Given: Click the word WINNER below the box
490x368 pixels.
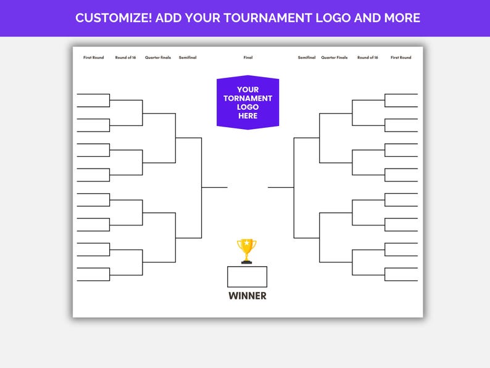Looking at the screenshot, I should (x=247, y=296).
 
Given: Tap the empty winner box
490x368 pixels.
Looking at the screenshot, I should (x=247, y=277).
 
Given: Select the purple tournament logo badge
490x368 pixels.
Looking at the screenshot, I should (x=247, y=102).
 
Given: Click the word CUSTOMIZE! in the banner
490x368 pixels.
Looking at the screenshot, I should (x=113, y=18).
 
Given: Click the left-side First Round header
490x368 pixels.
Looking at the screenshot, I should (x=94, y=58).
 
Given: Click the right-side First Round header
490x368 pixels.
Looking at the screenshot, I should (x=401, y=58).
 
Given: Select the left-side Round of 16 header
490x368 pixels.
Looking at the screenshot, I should (x=125, y=58).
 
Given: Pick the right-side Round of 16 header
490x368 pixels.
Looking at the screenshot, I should (x=367, y=58).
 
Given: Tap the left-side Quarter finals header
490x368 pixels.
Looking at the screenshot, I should (x=158, y=58).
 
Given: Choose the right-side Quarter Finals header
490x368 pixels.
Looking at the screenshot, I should (x=334, y=58).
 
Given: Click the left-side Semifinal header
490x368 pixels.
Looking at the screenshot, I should (x=188, y=58).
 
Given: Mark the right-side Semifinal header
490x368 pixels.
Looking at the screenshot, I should (x=307, y=58).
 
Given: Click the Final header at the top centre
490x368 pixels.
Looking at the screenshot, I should (x=248, y=58).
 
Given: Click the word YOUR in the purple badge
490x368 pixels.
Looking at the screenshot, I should (x=247, y=90).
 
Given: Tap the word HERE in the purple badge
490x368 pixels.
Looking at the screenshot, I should (x=247, y=115).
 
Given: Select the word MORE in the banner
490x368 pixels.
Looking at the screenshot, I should (x=401, y=18).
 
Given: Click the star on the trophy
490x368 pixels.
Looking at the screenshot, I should (x=247, y=243).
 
